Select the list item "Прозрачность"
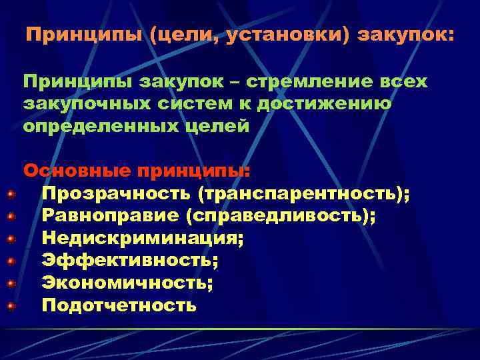coord(116,193)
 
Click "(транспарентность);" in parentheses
coord(304,193)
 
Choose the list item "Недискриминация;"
coord(143,239)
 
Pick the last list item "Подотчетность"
coord(119,306)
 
